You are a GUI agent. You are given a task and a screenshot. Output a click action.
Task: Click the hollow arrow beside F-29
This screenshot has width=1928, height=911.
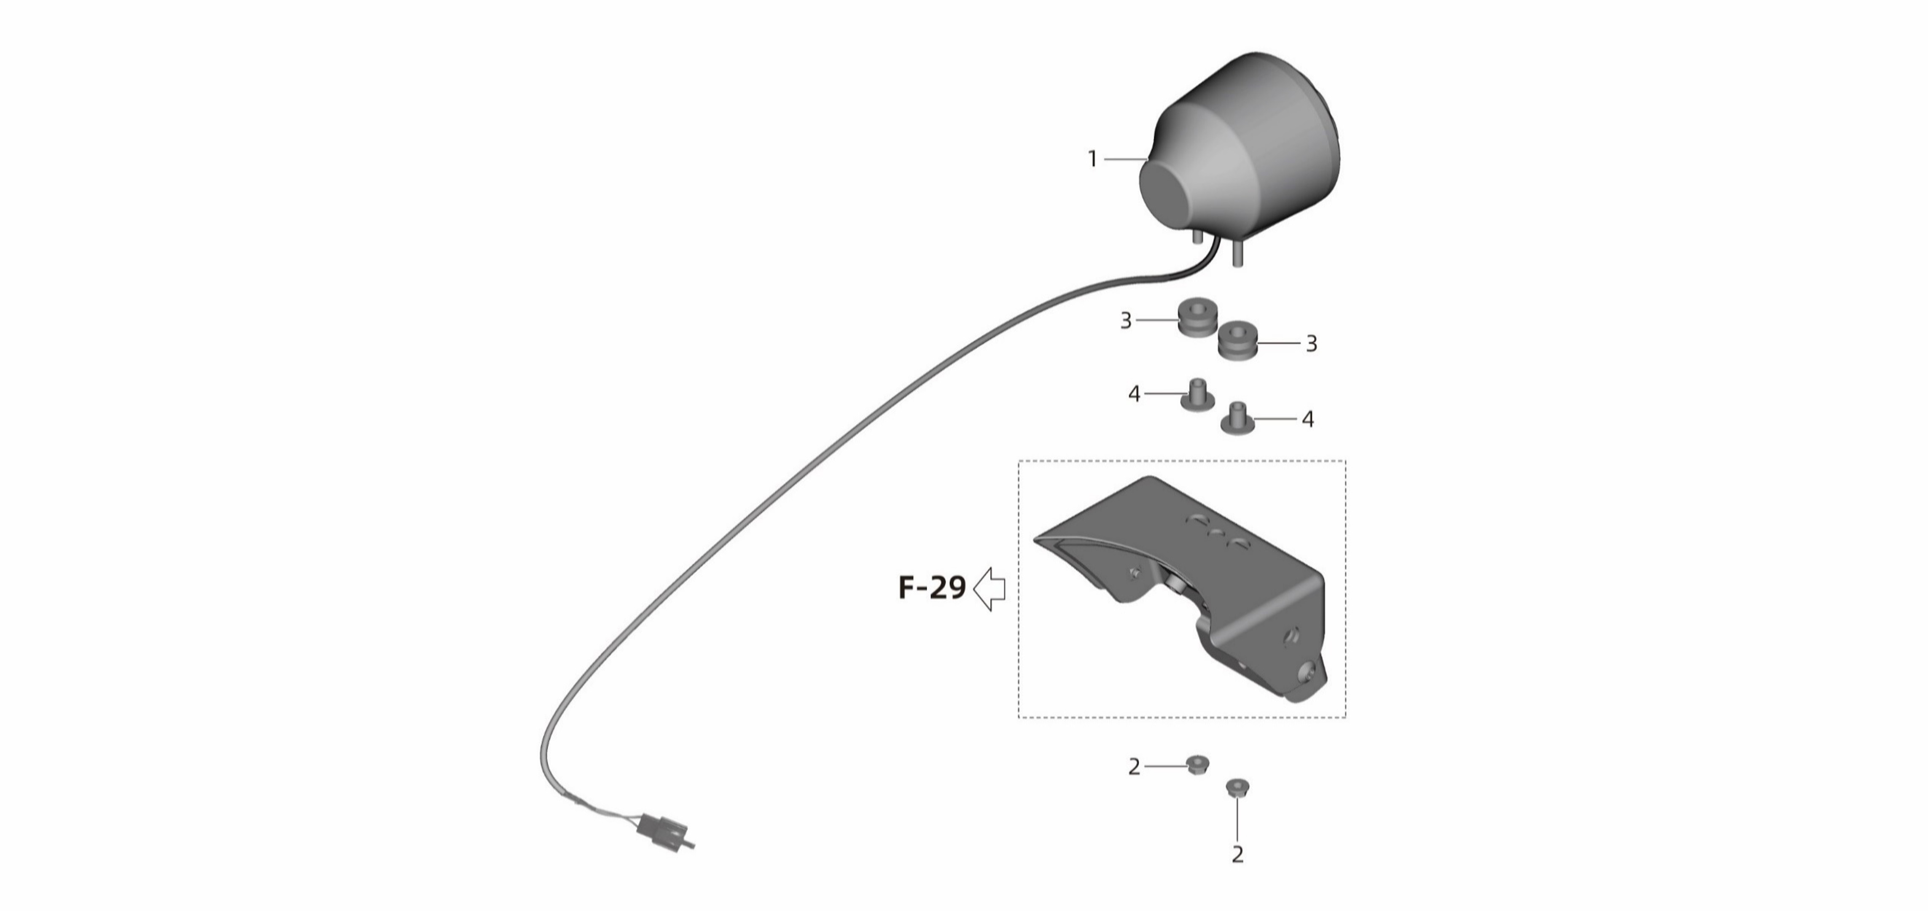pyautogui.click(x=990, y=588)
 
